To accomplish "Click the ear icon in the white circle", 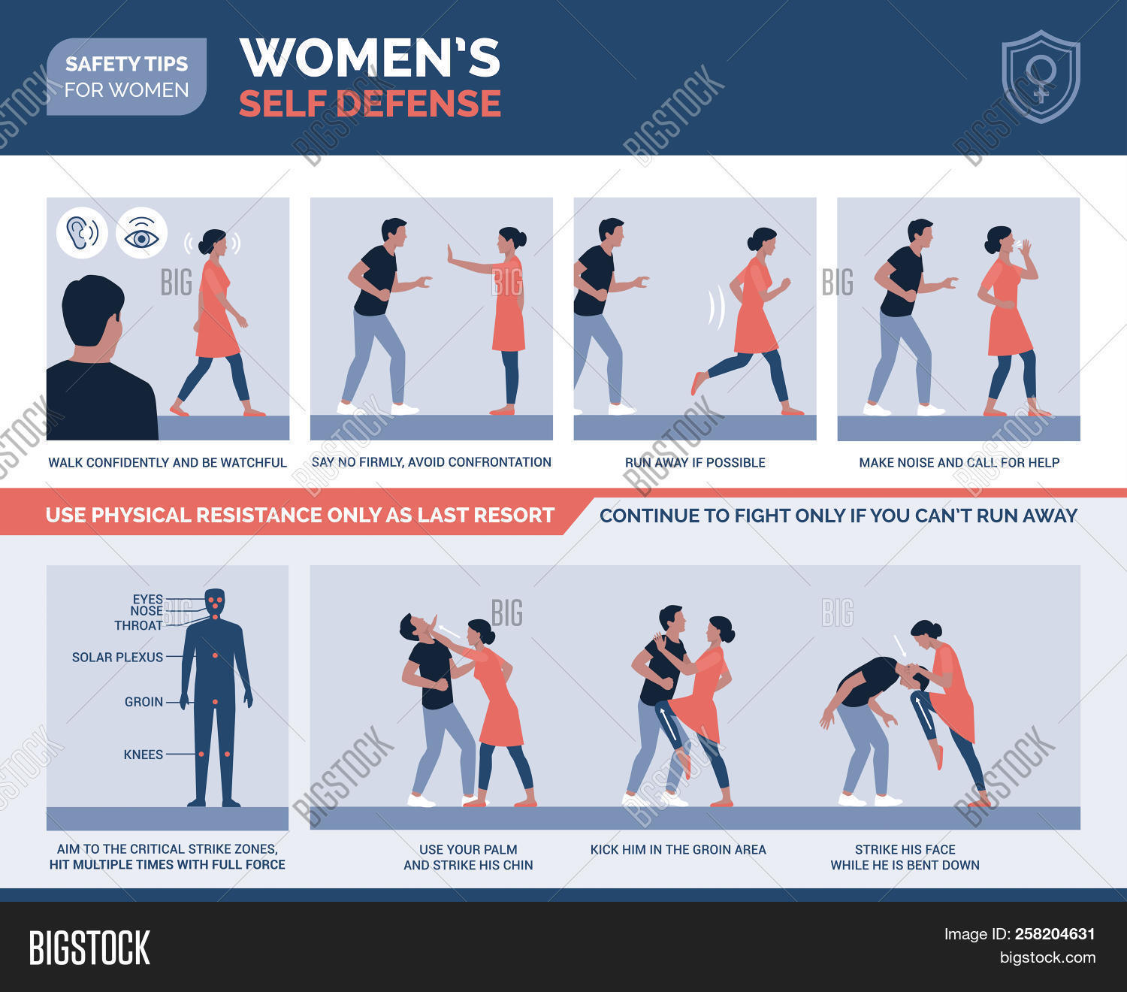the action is click(x=82, y=232).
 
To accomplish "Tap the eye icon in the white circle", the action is click(x=141, y=234).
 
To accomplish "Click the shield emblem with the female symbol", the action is click(x=1041, y=77).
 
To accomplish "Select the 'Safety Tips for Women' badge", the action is click(x=127, y=77).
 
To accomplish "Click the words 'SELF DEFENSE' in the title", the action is click(x=370, y=103).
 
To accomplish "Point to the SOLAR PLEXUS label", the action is click(x=117, y=657).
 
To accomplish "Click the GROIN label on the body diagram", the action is click(x=144, y=702).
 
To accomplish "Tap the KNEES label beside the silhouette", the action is click(x=143, y=755).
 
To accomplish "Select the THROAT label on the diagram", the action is click(x=138, y=625).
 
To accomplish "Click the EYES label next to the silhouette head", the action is click(x=147, y=599).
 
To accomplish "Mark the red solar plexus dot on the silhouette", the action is click(x=216, y=656).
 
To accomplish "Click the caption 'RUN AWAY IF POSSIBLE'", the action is click(x=695, y=462).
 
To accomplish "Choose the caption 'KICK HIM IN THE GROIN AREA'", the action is click(x=678, y=849).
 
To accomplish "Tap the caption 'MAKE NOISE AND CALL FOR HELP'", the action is click(x=959, y=462).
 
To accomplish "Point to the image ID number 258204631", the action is click(x=1055, y=934).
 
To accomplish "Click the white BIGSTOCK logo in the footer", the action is click(x=89, y=948).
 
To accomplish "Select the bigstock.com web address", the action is click(x=1047, y=957).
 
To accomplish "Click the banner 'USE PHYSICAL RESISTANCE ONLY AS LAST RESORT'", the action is click(x=300, y=516).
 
